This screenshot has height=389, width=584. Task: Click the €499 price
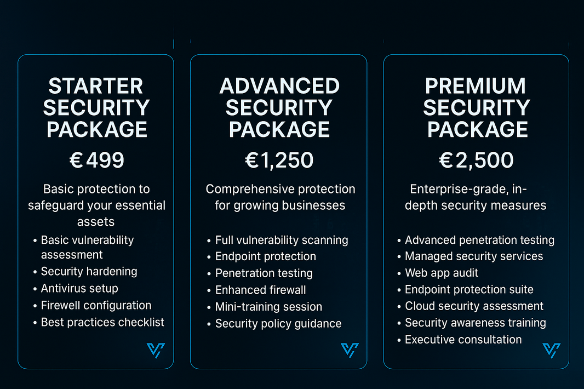[x=96, y=160]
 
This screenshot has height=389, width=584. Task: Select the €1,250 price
[x=279, y=160]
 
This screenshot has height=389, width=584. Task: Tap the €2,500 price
[x=477, y=160]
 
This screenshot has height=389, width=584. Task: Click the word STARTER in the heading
[x=96, y=86]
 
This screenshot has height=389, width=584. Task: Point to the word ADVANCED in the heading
[x=279, y=86]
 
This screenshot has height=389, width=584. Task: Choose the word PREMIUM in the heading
[x=476, y=86]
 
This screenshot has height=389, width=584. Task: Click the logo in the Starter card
[x=156, y=350]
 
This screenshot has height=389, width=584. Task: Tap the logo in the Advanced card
[x=350, y=350]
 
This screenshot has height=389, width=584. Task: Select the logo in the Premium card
[x=552, y=350]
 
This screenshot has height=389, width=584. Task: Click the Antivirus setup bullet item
[x=79, y=288]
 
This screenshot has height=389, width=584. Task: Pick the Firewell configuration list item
[x=96, y=306]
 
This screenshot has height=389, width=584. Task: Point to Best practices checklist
[x=102, y=322]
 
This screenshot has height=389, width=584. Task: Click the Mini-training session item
[x=268, y=307]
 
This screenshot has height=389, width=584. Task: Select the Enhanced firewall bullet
[x=260, y=290]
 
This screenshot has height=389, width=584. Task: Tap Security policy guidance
[x=278, y=323]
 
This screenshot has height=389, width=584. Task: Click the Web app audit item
[x=442, y=273]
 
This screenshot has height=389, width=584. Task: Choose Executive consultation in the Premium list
[x=463, y=340]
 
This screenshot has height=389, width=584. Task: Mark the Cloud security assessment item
[x=474, y=306]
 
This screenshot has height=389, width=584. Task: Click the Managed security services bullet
[x=474, y=256]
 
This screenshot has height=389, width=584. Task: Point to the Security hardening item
[x=89, y=272]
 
